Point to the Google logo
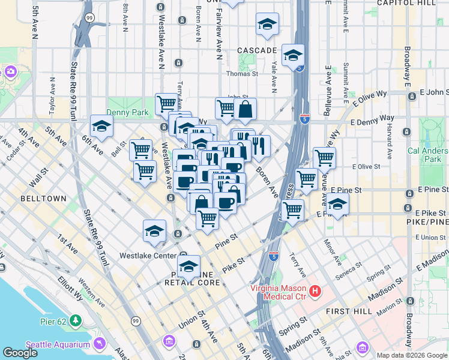[x=20, y=353]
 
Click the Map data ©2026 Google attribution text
[x=412, y=355]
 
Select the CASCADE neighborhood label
[x=257, y=50]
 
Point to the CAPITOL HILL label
[x=415, y=3]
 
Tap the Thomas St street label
[x=241, y=74]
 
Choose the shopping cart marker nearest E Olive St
[x=324, y=158]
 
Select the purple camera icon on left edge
[x=10, y=72]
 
